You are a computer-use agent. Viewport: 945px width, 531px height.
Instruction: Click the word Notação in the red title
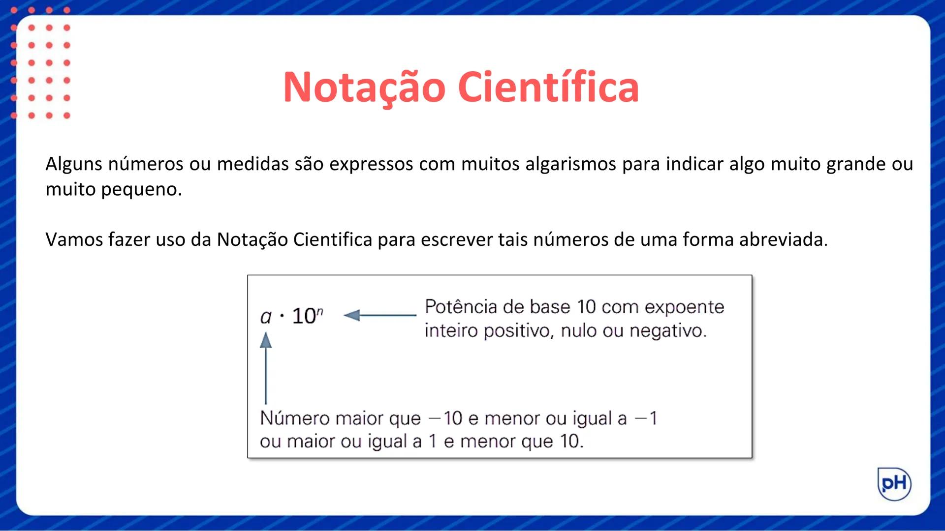pos(364,88)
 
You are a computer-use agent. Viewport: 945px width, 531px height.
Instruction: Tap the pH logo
pos(894,484)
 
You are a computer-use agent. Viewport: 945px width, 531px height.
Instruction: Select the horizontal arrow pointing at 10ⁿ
pos(379,315)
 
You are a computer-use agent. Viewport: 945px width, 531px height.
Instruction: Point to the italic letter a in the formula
pos(266,317)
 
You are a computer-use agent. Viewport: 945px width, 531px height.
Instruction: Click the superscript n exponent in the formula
pos(320,311)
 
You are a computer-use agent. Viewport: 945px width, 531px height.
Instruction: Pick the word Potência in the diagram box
pos(461,307)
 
